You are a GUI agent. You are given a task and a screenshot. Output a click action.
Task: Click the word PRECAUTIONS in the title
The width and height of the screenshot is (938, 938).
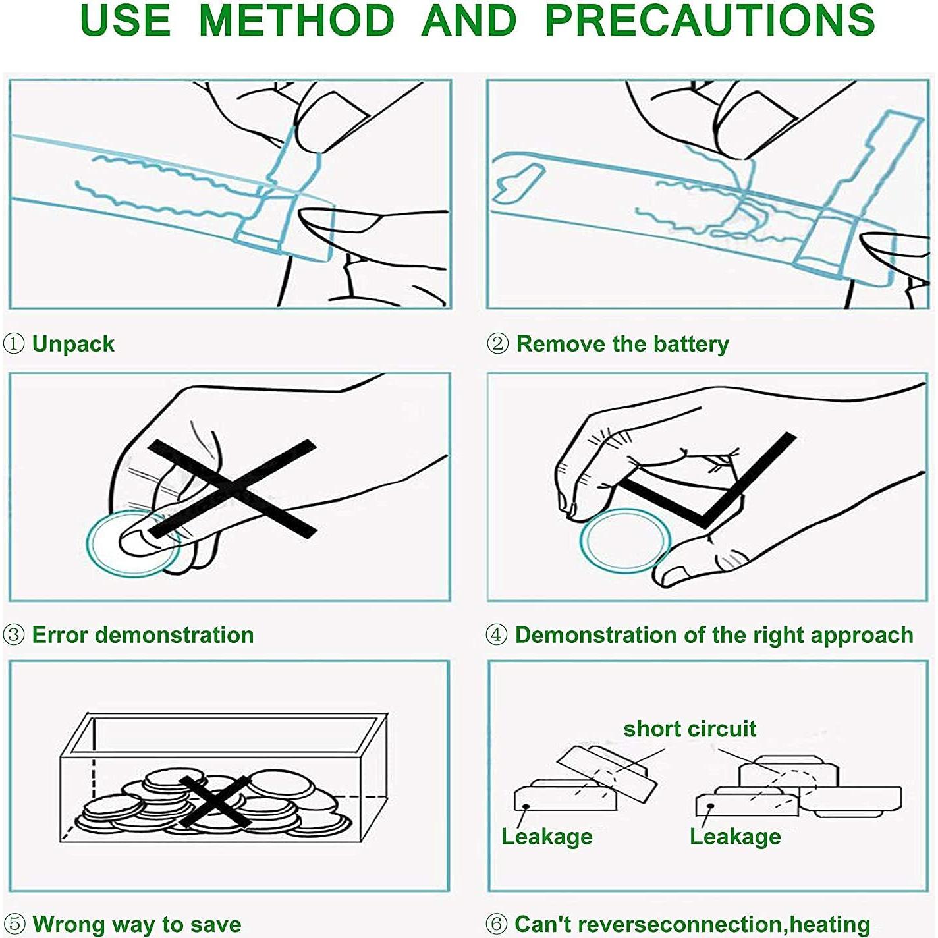point(710,20)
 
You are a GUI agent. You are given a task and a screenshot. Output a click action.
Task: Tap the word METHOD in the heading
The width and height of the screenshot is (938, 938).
point(296,20)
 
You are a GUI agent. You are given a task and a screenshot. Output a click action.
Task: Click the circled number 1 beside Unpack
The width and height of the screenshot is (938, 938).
point(14,344)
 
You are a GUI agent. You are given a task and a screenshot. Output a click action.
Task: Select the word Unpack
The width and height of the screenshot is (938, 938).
point(73,344)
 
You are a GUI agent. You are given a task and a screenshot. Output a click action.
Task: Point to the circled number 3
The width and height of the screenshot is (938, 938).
point(14,635)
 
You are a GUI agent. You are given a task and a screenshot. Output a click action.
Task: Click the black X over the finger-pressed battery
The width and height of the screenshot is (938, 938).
point(232,488)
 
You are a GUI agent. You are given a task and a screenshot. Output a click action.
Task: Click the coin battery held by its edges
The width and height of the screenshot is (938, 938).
point(625,540)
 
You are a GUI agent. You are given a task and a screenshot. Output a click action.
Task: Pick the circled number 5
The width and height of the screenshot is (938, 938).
point(14,924)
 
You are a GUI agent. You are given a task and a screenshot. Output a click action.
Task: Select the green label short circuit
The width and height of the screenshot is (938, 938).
point(690,729)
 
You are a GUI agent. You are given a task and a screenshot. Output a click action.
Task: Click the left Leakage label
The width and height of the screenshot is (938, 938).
point(547,837)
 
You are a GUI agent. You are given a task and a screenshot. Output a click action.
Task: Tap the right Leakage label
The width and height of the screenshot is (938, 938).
point(736,837)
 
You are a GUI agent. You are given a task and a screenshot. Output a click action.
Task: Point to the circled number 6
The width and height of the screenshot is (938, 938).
point(497,924)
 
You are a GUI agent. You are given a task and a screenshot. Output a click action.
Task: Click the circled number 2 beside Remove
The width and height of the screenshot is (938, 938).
point(497,344)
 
